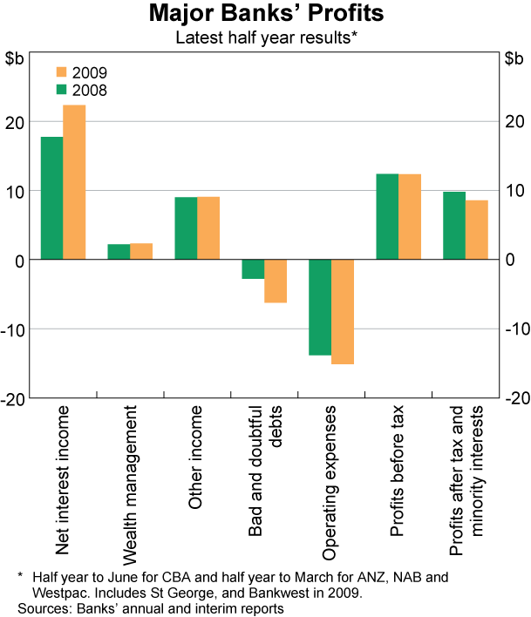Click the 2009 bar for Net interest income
point(74,182)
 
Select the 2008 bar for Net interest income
point(51,198)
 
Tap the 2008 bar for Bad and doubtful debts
point(253,269)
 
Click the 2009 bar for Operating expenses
point(343,311)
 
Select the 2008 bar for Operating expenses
point(320,307)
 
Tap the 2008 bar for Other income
point(186,227)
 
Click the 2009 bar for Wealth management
point(141,251)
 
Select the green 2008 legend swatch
point(63,89)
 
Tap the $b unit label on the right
point(514,58)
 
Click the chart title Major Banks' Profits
point(265,15)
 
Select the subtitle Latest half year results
point(265,37)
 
